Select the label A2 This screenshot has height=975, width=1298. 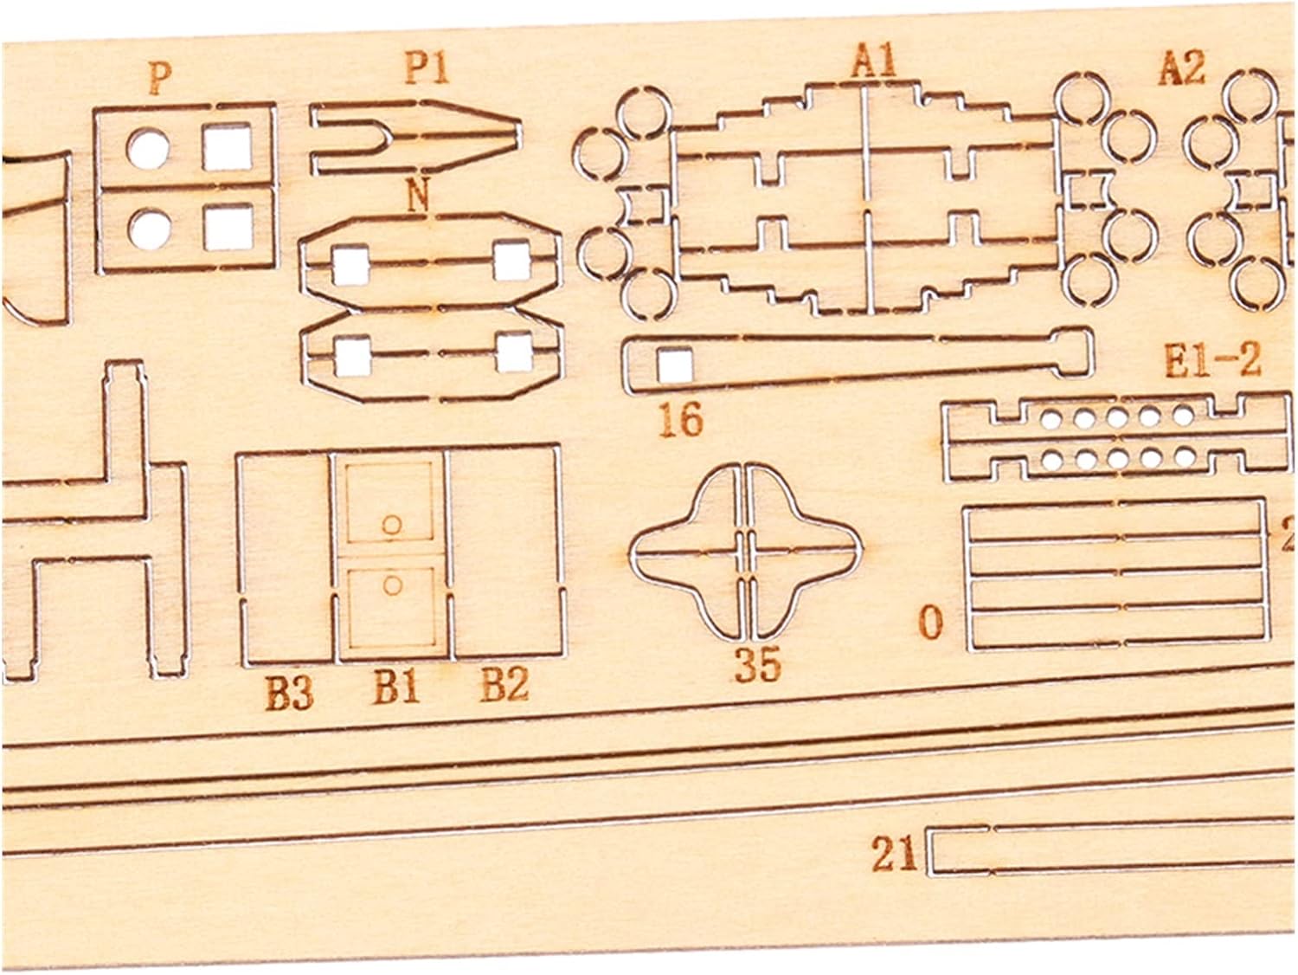1181,69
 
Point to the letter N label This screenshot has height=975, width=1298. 418,197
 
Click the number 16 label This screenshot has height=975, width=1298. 681,420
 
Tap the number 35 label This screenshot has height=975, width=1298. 758,665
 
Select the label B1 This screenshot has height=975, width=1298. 396,689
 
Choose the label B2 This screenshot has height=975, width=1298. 504,687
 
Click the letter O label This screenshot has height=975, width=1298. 931,623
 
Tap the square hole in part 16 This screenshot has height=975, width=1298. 675,366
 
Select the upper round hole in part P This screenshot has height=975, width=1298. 148,149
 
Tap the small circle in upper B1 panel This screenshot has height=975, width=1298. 391,524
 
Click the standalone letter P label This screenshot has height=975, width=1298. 158,78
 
